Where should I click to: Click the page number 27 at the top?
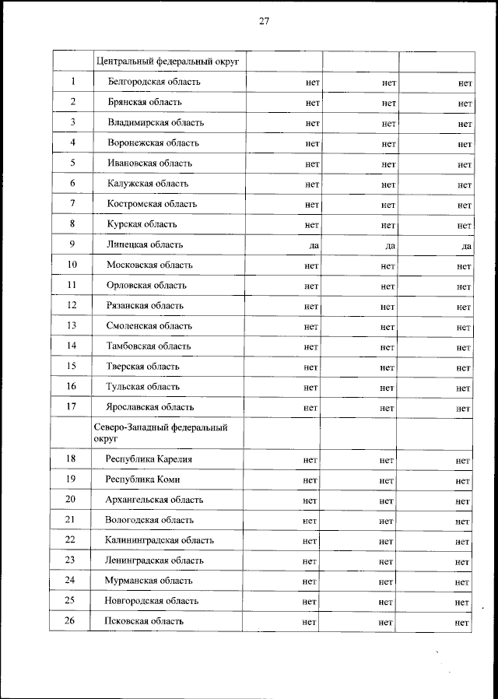pos(264,22)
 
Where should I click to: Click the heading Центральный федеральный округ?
pos(167,61)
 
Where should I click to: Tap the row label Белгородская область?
pos(154,82)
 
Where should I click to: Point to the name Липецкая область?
pos(145,244)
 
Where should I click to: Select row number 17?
pos(72,406)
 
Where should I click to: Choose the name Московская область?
pos(150,265)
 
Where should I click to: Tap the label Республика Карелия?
pos(148,459)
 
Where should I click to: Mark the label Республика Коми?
pos(142,479)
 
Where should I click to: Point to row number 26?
pos(70,621)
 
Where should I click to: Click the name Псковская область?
pos(144,621)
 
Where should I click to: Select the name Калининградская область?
pos(159,540)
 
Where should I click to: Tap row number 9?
pos(72,244)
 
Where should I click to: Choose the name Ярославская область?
pos(150,407)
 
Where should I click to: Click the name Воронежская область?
pos(153,142)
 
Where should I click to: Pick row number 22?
pos(70,540)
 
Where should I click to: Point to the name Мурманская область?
pos(149,581)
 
